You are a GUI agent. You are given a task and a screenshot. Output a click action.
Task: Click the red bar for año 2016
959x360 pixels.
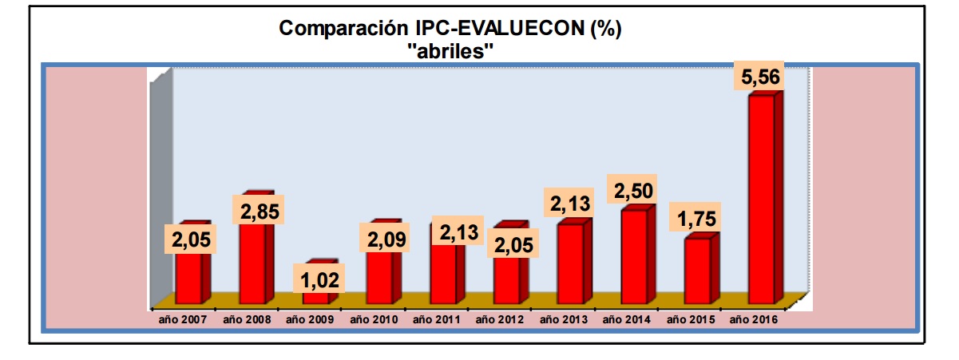coord(761,200)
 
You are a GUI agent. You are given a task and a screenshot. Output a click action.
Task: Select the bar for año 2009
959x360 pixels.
coord(315,297)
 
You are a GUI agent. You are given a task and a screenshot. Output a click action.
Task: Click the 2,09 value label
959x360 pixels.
coord(387,238)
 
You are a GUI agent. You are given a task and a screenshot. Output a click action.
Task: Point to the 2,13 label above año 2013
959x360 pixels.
coord(570,203)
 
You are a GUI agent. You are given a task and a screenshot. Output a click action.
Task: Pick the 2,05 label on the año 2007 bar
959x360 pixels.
coord(189,239)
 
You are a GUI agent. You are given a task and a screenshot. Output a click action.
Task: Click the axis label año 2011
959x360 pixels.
coord(437,320)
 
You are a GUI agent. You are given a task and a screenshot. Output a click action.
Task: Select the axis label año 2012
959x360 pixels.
coord(500,320)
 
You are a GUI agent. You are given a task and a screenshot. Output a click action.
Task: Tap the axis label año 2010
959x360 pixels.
coord(374,320)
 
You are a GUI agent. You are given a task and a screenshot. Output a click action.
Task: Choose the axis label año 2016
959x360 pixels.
coord(754,320)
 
